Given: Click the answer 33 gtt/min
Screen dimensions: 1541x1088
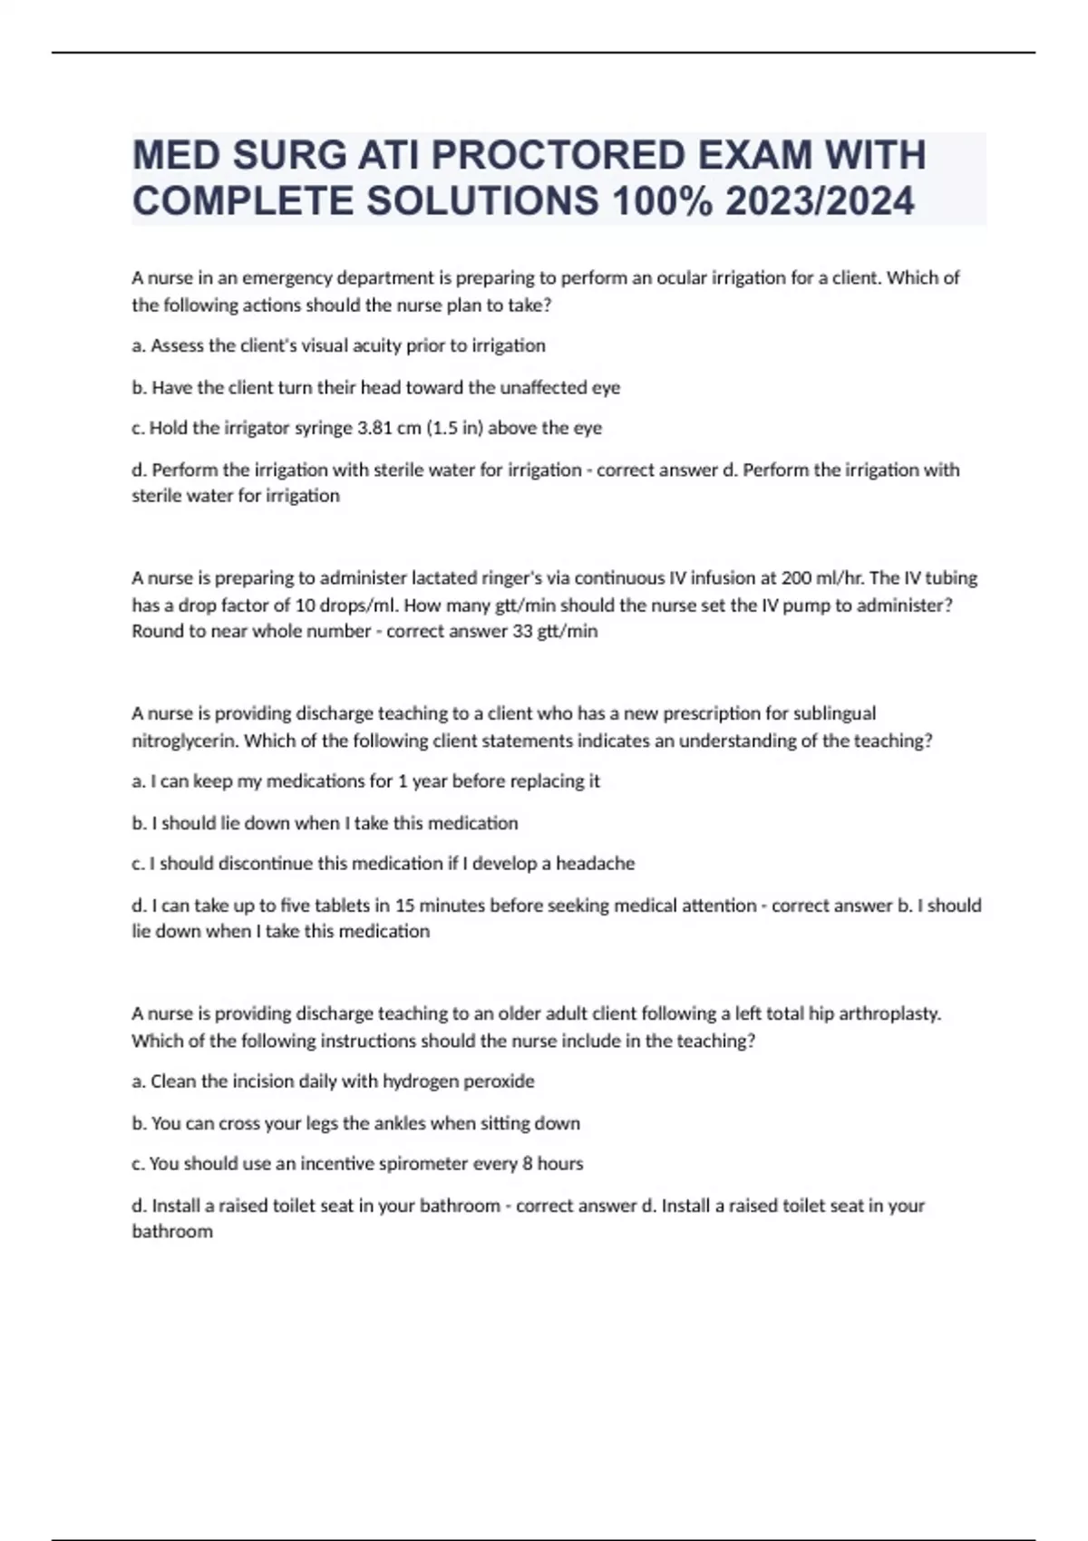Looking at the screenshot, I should [x=555, y=631].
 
